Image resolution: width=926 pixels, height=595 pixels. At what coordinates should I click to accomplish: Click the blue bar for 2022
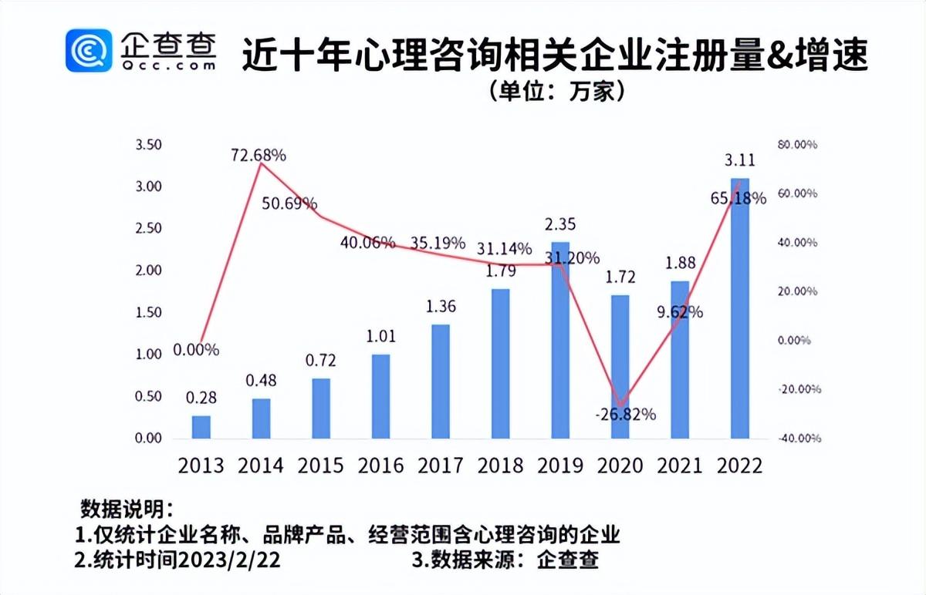pos(740,308)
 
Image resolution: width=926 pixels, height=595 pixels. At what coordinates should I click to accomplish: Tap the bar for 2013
pos(201,427)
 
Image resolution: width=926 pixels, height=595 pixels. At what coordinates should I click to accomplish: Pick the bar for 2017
pos(441,382)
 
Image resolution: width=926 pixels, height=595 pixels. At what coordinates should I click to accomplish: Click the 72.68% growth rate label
pos(259,155)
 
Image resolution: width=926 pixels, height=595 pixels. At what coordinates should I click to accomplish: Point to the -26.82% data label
pos(625,415)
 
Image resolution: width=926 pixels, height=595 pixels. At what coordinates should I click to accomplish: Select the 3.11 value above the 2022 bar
pos(739,160)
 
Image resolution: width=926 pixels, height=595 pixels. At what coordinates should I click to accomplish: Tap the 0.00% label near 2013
pos(196,350)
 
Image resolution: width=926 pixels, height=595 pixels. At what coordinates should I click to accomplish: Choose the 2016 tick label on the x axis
pos(380,466)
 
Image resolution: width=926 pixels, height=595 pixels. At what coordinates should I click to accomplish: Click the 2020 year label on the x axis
pos(620,466)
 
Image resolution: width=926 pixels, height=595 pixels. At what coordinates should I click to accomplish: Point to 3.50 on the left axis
pos(148,145)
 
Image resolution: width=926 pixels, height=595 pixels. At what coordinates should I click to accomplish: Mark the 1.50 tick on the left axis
pos(148,313)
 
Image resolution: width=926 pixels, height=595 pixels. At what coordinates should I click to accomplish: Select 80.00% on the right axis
pos(796,145)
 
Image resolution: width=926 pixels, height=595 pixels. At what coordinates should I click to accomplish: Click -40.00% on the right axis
pos(796,439)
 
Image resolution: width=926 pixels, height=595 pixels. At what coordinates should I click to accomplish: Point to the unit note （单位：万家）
pos(556,91)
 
